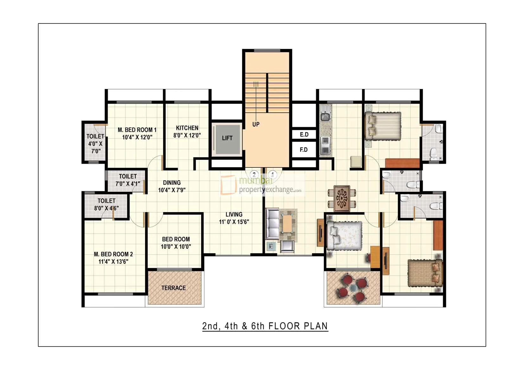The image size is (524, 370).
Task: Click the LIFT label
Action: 227,138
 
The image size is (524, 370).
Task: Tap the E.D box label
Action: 304,135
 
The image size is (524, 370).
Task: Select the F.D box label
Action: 304,150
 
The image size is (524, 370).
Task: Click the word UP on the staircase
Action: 256,124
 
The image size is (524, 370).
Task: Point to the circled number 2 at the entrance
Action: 254,174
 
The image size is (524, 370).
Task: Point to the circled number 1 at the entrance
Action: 272,174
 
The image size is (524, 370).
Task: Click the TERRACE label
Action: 174,288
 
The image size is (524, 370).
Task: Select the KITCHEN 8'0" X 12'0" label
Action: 187,132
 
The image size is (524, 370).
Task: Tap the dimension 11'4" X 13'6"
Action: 113,261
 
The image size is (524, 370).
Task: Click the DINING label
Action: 172,183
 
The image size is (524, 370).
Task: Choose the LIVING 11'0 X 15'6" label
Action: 234,218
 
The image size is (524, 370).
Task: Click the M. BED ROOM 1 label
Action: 137,130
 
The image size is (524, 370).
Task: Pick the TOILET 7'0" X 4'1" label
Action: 128,180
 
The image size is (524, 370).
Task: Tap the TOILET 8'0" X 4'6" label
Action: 106,204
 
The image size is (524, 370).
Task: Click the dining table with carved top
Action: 342,198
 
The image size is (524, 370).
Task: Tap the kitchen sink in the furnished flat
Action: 325,117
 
